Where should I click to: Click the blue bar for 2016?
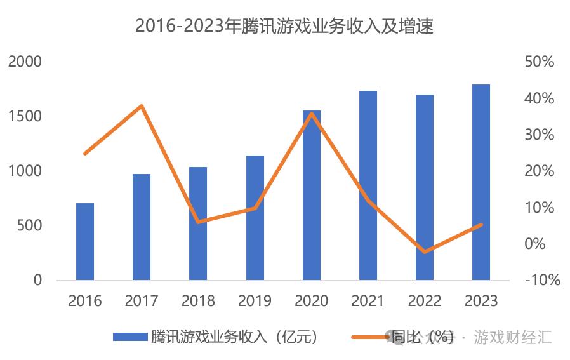[85, 241]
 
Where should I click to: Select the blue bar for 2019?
[255, 218]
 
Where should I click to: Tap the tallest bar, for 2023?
[481, 182]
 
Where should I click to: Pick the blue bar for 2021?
[368, 185]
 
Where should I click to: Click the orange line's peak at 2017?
[142, 105]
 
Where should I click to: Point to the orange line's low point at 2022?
[425, 251]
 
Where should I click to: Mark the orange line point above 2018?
[199, 222]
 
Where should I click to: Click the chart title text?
[285, 26]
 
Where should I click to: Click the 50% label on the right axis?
[540, 62]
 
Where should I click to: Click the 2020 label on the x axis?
[312, 300]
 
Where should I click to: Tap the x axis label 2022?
[425, 300]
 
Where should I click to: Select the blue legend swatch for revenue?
[130, 337]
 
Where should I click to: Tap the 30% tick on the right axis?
[540, 135]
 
